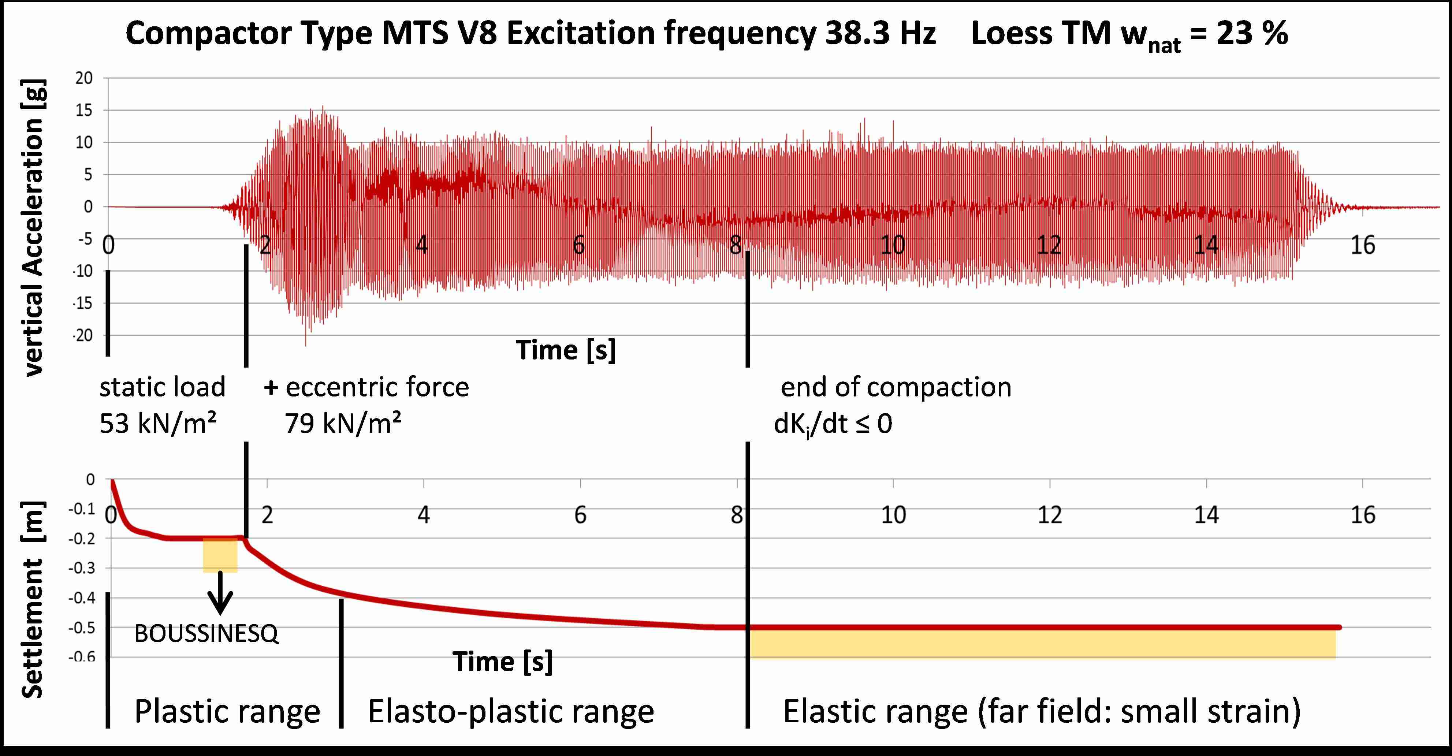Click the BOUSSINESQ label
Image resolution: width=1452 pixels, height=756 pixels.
pos(206,634)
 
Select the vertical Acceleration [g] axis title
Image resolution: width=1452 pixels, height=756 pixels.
pos(34,227)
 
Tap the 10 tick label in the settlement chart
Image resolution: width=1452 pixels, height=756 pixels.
pos(893,515)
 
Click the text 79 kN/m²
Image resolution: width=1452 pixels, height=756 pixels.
pos(343,423)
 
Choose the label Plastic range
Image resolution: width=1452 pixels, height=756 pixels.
pos(227,711)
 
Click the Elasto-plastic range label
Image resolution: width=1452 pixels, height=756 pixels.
pos(511,711)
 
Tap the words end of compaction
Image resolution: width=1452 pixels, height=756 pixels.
pos(896,387)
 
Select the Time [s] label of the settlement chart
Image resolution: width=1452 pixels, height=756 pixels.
pos(502,661)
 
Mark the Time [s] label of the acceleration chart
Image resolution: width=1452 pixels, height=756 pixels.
pos(565,350)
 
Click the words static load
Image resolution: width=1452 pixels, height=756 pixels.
pos(162,387)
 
